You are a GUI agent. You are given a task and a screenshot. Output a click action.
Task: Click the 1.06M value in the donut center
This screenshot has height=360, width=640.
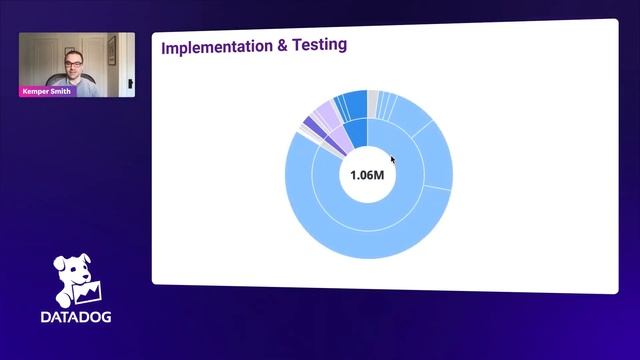[x=367, y=175]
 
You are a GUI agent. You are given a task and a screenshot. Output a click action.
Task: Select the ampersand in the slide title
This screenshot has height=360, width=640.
[x=271, y=47]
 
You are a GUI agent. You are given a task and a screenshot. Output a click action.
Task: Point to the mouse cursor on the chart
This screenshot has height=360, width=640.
[x=393, y=159]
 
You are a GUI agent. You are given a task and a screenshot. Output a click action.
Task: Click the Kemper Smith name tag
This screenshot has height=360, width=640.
[x=46, y=91]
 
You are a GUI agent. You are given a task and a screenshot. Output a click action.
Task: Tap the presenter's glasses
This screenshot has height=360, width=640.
[x=74, y=63]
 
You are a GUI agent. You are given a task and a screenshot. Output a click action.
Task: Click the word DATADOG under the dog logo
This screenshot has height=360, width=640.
[x=76, y=317]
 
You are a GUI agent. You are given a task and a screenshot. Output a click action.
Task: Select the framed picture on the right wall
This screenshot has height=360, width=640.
[x=112, y=49]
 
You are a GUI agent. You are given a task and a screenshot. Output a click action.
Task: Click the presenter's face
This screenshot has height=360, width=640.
[x=74, y=66]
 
